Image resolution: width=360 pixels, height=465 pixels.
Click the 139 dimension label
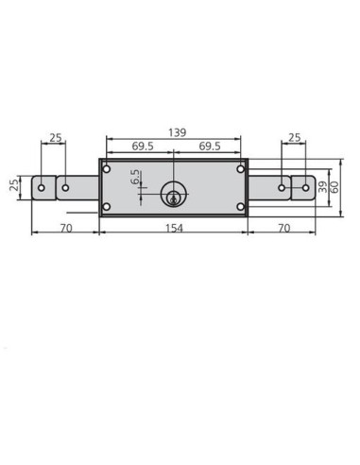pos(177,132)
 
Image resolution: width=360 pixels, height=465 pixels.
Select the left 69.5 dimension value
pos(143,146)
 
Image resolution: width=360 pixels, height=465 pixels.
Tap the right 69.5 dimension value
pos(210,146)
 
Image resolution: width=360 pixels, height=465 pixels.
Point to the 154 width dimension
pos(174,228)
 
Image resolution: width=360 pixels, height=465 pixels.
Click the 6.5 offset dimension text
pos(135,177)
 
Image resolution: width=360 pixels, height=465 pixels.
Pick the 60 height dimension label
pos(334,187)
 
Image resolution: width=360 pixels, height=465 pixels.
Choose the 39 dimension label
pos(322,187)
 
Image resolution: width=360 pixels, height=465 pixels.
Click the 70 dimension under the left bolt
pos(66,228)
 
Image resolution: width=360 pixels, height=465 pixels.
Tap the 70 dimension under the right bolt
pos(284,228)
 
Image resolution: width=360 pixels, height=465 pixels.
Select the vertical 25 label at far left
pos(14,185)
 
